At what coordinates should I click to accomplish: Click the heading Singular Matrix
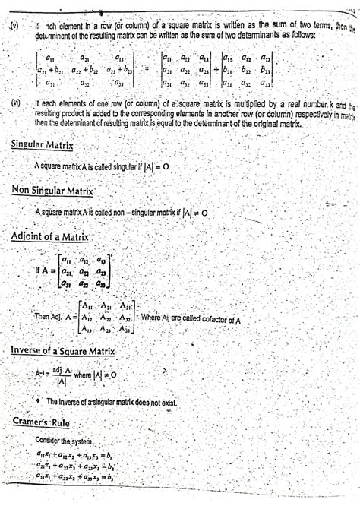coord(51,144)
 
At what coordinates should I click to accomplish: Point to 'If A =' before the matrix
coord(43,269)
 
